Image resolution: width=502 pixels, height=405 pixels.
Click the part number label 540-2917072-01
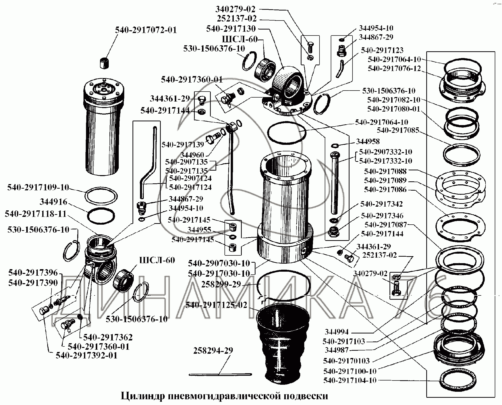point(146,30)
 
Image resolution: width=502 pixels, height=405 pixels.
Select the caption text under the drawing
point(224,396)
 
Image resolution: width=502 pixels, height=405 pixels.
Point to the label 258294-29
point(213,350)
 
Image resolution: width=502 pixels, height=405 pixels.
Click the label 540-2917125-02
point(216,305)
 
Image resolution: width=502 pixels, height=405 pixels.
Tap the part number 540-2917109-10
point(38,187)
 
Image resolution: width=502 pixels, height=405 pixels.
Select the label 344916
point(53,202)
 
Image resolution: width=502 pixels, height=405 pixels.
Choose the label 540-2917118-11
point(35,214)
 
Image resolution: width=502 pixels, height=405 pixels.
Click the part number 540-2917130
point(231,29)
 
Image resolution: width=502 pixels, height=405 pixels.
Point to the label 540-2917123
point(382,50)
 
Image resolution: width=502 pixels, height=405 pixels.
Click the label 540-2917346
point(382,216)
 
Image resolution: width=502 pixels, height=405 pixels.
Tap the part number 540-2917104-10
point(350,380)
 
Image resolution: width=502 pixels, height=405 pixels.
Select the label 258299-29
point(221,284)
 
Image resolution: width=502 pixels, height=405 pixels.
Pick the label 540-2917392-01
point(86,355)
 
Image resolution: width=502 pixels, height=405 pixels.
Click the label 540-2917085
point(398,130)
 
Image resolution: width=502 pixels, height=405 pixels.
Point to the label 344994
point(336,332)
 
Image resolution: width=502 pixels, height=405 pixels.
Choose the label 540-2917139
point(183,145)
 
